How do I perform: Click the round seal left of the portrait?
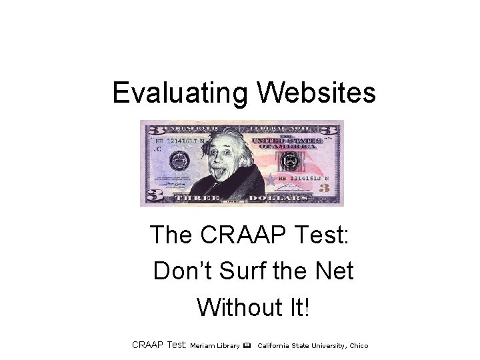178,160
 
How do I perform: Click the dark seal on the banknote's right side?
291,161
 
